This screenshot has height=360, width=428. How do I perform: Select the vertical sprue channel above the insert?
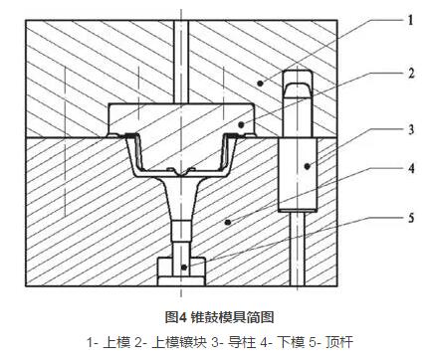(x=176, y=60)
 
